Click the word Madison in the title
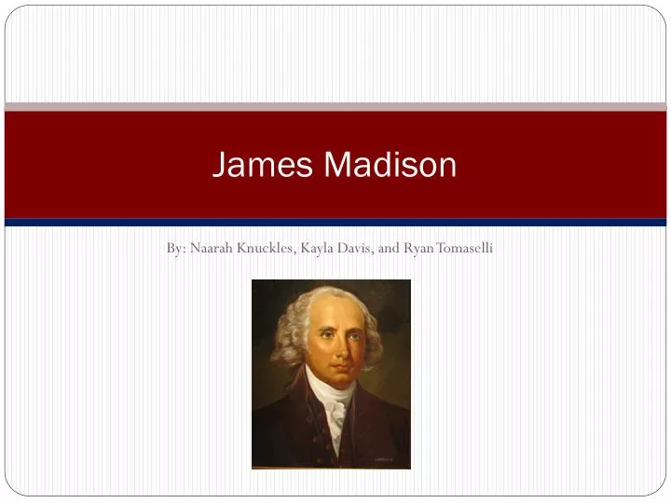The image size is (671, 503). point(390,165)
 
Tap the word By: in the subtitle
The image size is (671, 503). point(176,249)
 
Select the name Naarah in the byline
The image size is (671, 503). point(212,249)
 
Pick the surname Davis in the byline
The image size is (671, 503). point(358,249)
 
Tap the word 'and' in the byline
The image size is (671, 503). point(390,249)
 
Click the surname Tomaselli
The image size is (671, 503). point(463,249)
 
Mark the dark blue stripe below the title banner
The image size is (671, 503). point(335,223)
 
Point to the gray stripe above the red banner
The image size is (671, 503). point(335,107)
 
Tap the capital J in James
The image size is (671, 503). point(220,165)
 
